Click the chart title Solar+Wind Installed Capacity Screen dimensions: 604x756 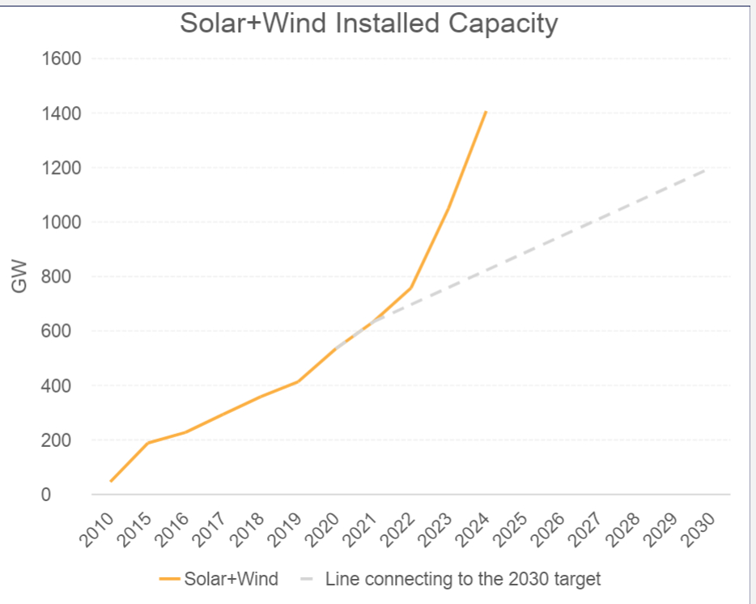tap(368, 23)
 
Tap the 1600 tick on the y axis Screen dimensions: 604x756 tap(62, 59)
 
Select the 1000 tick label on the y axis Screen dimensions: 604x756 tap(62, 223)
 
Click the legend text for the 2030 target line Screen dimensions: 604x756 tap(463, 579)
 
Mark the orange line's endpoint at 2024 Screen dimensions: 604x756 tap(486, 112)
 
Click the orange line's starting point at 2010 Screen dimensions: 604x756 tap(111, 481)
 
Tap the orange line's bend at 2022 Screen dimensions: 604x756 tap(411, 287)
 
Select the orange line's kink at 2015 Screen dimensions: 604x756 tap(149, 443)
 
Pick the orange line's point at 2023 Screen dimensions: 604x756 tap(448, 208)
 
